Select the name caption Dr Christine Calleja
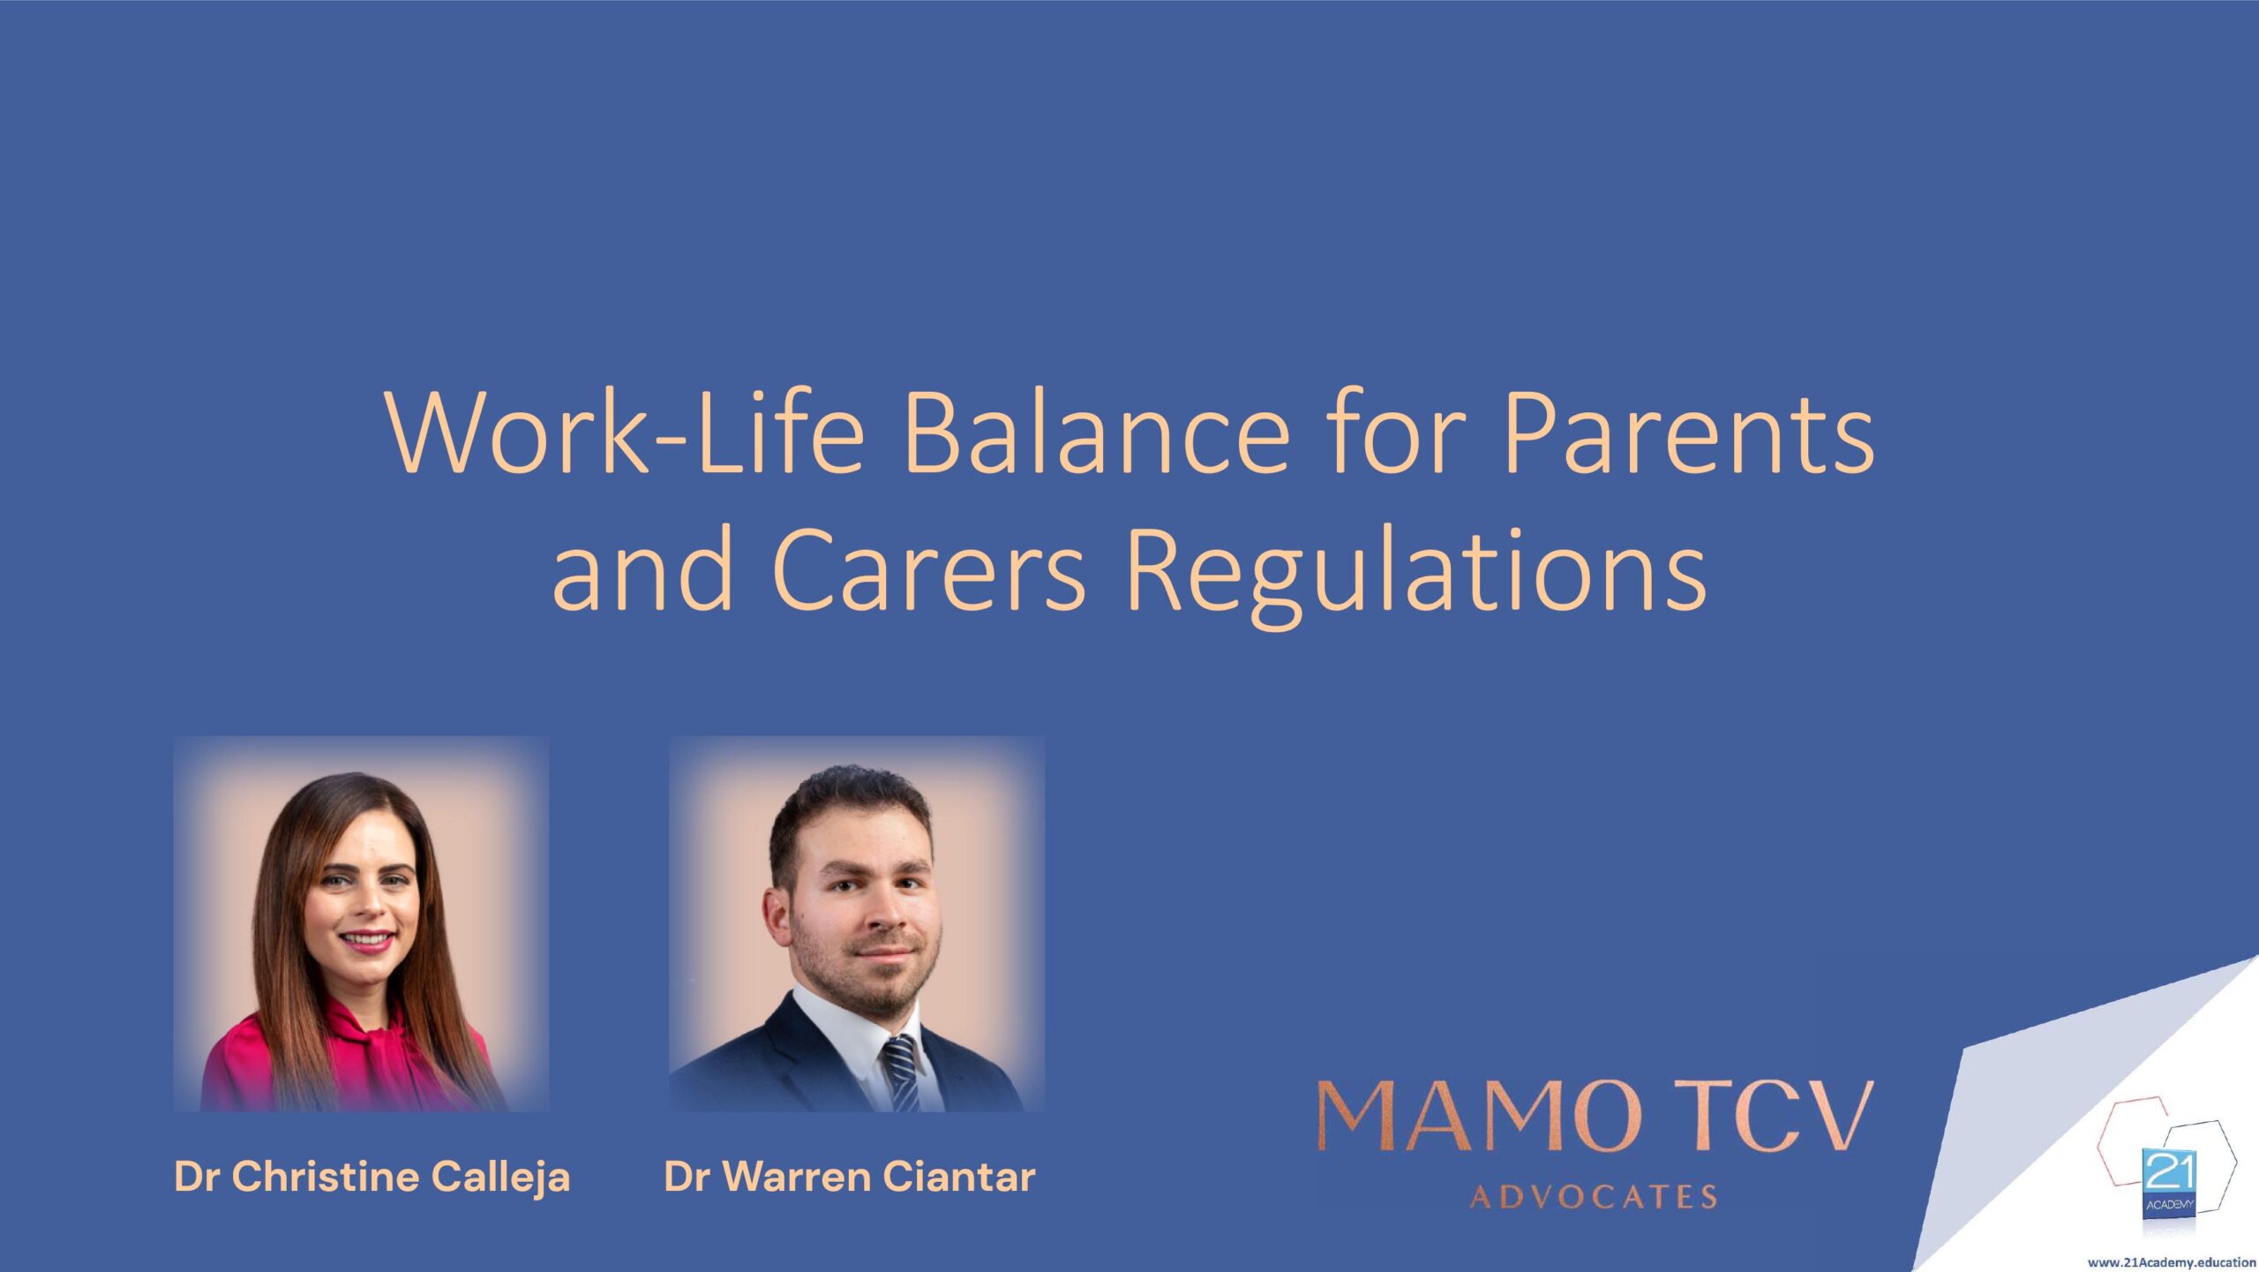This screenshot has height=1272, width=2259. pyautogui.click(x=372, y=1177)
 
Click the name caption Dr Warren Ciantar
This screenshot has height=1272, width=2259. pyautogui.click(x=850, y=1177)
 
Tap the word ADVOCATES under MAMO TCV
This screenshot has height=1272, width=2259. pyautogui.click(x=1595, y=1197)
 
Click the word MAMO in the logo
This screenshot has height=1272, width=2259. pyautogui.click(x=1480, y=1117)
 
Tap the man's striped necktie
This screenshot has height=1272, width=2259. pyautogui.click(x=900, y=1072)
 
